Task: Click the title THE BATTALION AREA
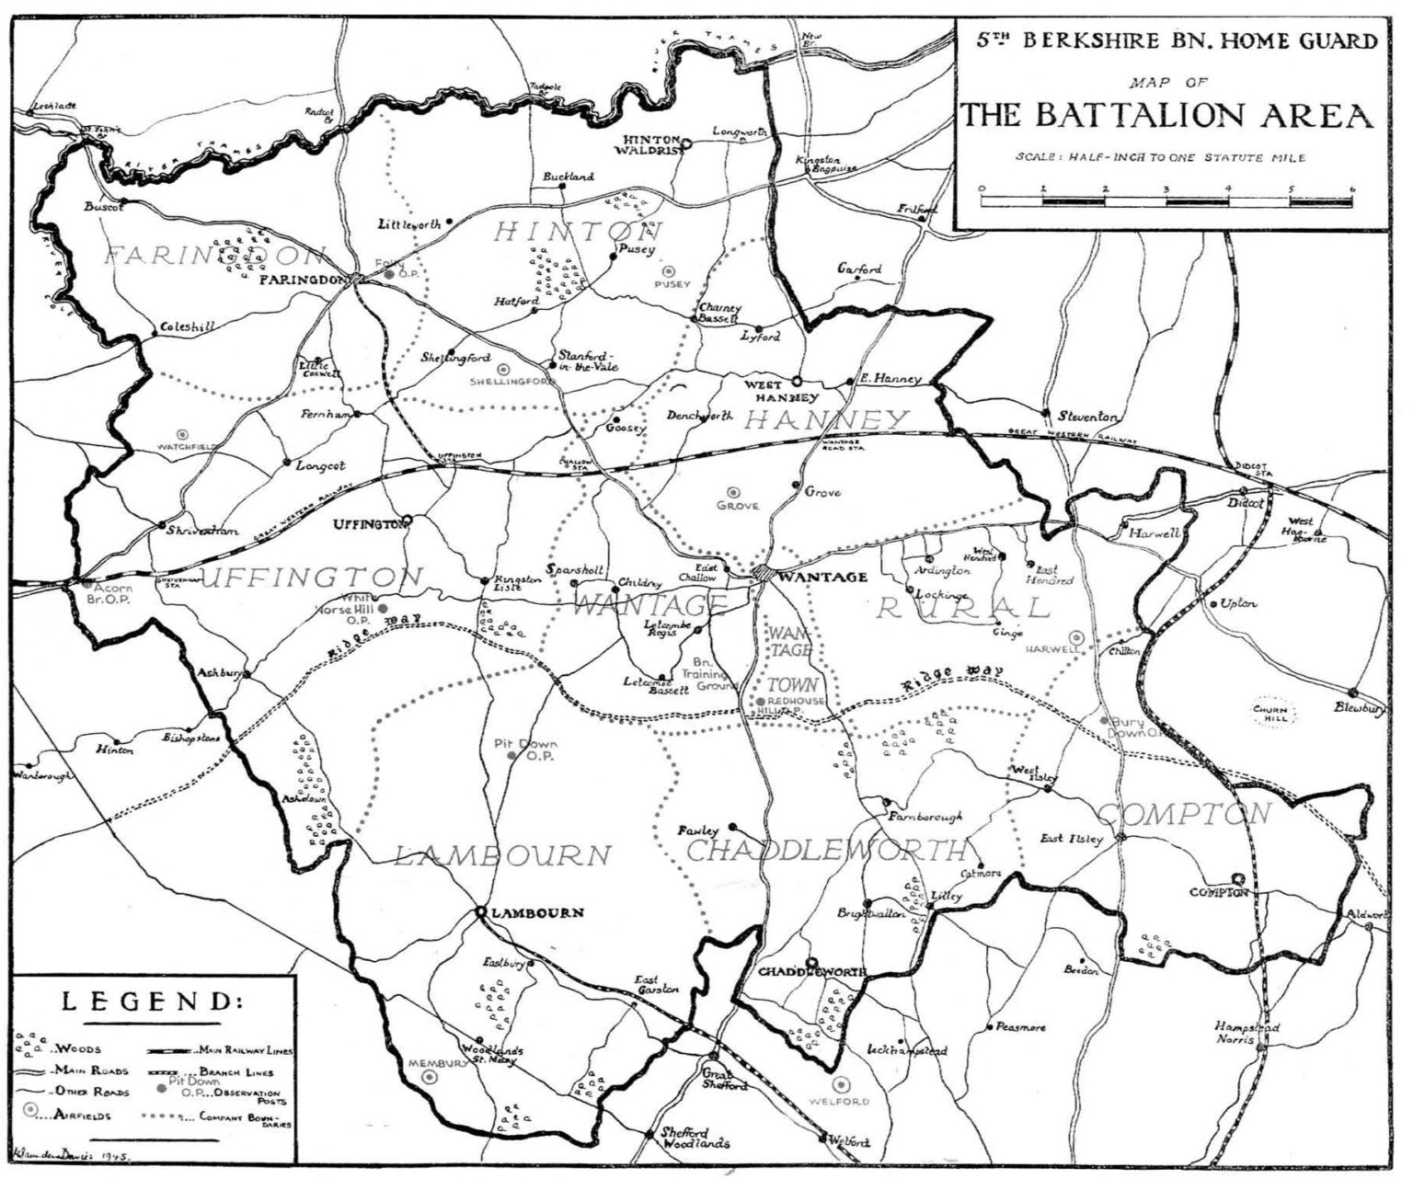(1167, 117)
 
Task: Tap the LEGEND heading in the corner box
(153, 1002)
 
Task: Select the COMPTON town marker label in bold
(1218, 892)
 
